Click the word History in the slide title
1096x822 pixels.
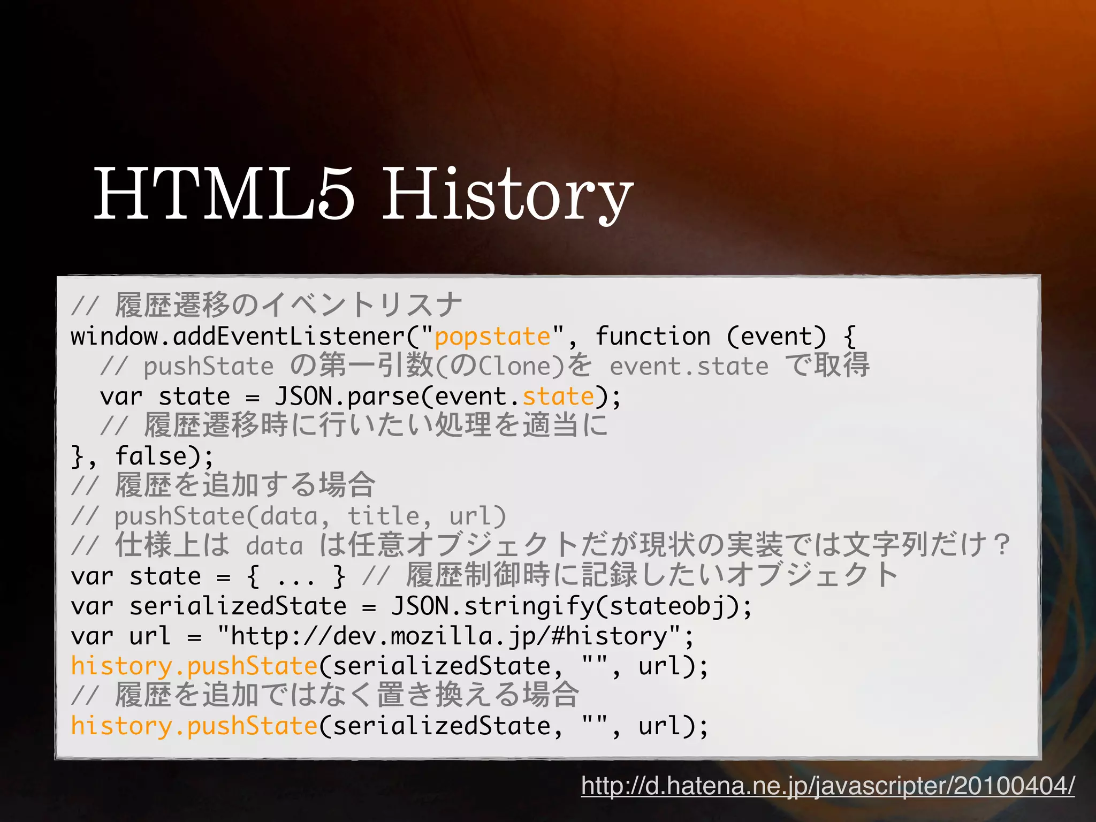pos(507,194)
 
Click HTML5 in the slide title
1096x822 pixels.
pos(224,194)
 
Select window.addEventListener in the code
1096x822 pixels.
pos(238,337)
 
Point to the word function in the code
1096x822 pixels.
pos(653,337)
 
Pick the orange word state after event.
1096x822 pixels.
pos(558,397)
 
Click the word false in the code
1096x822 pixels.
pos(150,456)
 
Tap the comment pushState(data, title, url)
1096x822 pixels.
pos(310,516)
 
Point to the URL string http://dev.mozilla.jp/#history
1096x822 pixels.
pos(450,636)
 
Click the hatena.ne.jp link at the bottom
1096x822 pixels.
pos(827,786)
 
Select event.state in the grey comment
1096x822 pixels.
pos(689,367)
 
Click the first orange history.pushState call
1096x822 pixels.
pos(194,666)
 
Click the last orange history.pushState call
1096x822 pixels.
pos(194,726)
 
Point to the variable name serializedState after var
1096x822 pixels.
pos(238,606)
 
